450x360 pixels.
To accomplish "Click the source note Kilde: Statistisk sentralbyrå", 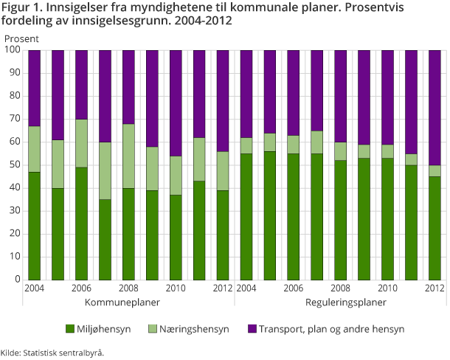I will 52,353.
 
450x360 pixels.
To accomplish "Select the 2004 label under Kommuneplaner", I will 34,289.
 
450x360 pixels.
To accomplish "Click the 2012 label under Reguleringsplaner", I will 435,289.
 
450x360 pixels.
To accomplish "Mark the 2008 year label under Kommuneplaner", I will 128,289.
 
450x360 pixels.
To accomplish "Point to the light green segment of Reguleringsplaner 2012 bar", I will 435,170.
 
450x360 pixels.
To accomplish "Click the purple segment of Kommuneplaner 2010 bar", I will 176,103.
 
